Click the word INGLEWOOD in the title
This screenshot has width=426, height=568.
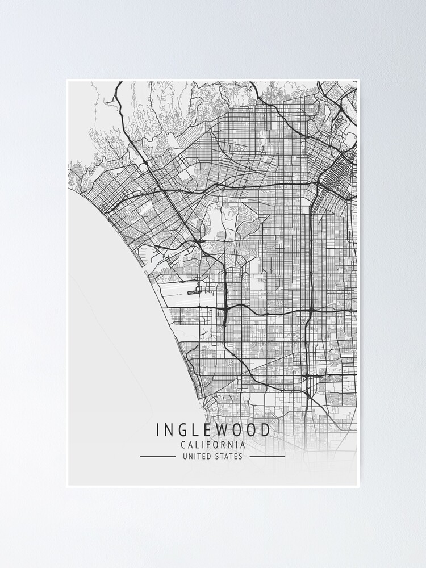[213, 430]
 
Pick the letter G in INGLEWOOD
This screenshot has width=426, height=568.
[181, 430]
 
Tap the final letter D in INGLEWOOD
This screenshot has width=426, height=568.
[266, 430]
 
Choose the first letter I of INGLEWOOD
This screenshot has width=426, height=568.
[158, 430]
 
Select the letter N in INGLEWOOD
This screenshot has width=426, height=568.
[168, 430]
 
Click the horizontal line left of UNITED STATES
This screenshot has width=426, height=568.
[157, 456]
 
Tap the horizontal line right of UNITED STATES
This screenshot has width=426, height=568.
[268, 456]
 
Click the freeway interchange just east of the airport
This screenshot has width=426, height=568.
[226, 310]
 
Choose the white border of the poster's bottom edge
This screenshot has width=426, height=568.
[213, 486]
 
